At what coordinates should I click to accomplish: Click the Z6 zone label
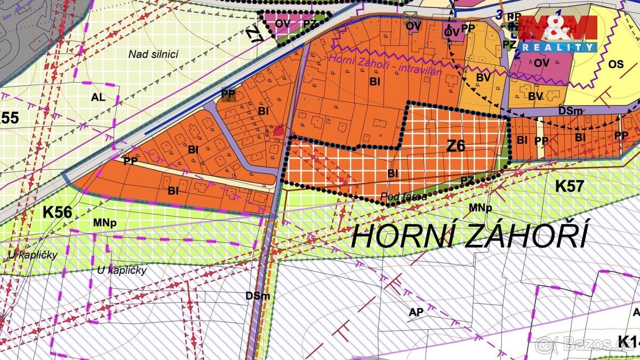(x=456, y=146)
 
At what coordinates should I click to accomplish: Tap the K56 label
(x=57, y=212)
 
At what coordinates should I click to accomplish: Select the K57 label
(x=570, y=186)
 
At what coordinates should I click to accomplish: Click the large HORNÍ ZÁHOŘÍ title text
(x=469, y=236)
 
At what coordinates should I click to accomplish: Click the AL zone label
(x=98, y=98)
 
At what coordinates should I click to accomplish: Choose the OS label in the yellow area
(x=615, y=64)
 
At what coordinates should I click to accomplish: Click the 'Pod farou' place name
(x=404, y=197)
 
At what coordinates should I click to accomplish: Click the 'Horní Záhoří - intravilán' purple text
(x=386, y=65)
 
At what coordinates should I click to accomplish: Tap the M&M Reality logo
(x=557, y=33)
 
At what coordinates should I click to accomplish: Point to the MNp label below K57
(x=479, y=207)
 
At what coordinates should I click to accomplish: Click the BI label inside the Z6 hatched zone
(x=393, y=173)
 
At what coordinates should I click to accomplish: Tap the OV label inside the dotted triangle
(x=283, y=23)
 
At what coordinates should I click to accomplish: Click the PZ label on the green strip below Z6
(x=467, y=181)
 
